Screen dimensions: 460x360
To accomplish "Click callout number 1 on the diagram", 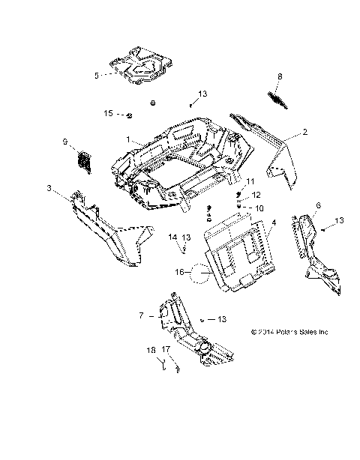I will point(129,140).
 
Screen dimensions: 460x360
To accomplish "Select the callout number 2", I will point(284,132).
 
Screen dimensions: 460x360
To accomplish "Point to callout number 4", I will point(273,223).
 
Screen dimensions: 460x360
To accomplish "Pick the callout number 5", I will point(96,75).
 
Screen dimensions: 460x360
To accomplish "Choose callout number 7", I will point(139,316).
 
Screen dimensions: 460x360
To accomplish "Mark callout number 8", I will point(280,76).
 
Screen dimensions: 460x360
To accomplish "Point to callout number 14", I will point(172,237).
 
